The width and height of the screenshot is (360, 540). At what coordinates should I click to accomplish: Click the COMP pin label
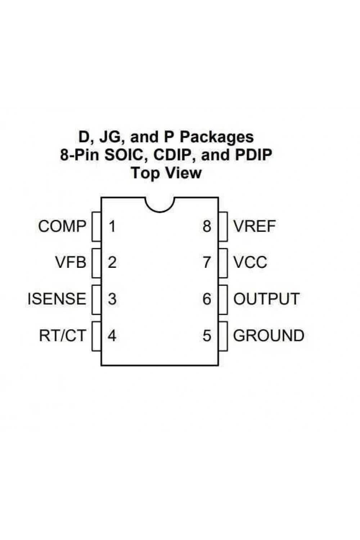[x=62, y=226]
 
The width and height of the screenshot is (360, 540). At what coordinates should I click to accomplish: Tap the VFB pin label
[x=71, y=262]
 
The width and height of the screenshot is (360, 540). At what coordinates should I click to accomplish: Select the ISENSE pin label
[x=57, y=299]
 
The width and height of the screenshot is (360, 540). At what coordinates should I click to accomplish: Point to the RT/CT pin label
[x=62, y=335]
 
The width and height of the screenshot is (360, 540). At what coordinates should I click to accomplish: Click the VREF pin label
[x=255, y=226]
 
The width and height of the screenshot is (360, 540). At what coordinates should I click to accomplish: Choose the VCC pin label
[x=250, y=262]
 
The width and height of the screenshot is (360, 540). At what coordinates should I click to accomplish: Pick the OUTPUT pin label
[x=266, y=299]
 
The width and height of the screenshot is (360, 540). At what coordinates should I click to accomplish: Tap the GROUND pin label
[x=269, y=335]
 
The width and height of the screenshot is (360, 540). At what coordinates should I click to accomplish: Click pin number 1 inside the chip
[x=112, y=226]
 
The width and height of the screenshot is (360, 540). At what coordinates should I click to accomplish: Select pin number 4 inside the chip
[x=112, y=335]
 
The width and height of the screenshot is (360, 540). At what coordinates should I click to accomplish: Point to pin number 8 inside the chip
[x=207, y=226]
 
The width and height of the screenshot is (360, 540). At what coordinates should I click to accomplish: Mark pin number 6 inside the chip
[x=207, y=299]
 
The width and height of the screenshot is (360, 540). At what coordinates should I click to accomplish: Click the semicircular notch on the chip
[x=159, y=212]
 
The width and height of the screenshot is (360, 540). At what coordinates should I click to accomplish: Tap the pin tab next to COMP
[x=96, y=226]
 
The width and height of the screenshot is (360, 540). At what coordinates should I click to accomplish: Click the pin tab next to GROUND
[x=223, y=336]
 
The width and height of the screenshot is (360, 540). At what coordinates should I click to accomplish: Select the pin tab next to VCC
[x=223, y=263]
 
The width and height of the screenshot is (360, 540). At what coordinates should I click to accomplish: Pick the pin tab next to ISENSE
[x=96, y=300]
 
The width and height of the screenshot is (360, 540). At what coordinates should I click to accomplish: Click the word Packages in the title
[x=217, y=138]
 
